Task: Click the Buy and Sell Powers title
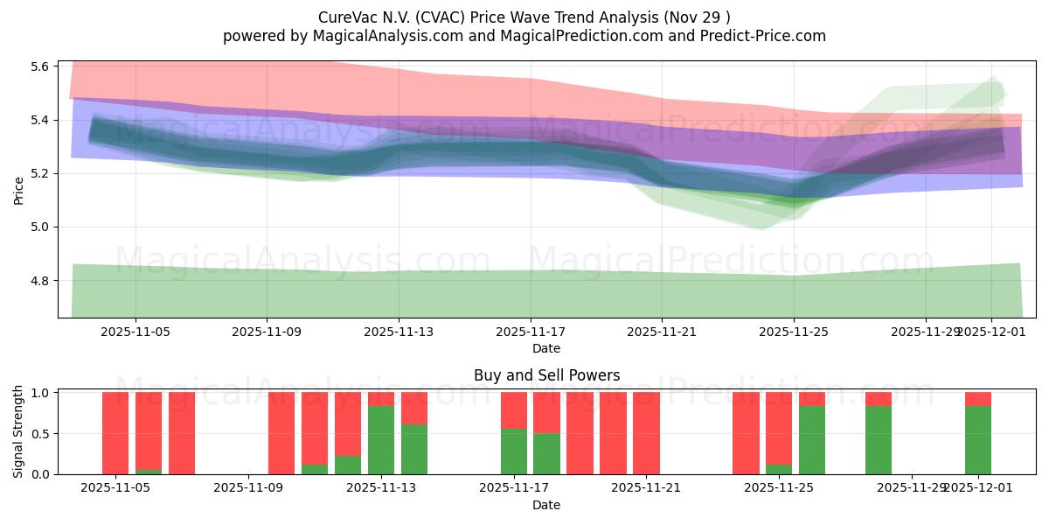coord(546,375)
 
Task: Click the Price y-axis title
coord(19,190)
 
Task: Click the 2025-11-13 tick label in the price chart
coord(399,332)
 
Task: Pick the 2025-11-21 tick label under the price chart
coord(662,332)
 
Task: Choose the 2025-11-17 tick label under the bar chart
coord(514,488)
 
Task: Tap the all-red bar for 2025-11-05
coord(115,433)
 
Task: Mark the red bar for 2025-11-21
coord(646,433)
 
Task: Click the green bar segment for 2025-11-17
coord(514,451)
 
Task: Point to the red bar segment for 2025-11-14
coord(414,408)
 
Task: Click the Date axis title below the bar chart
coord(546,505)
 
